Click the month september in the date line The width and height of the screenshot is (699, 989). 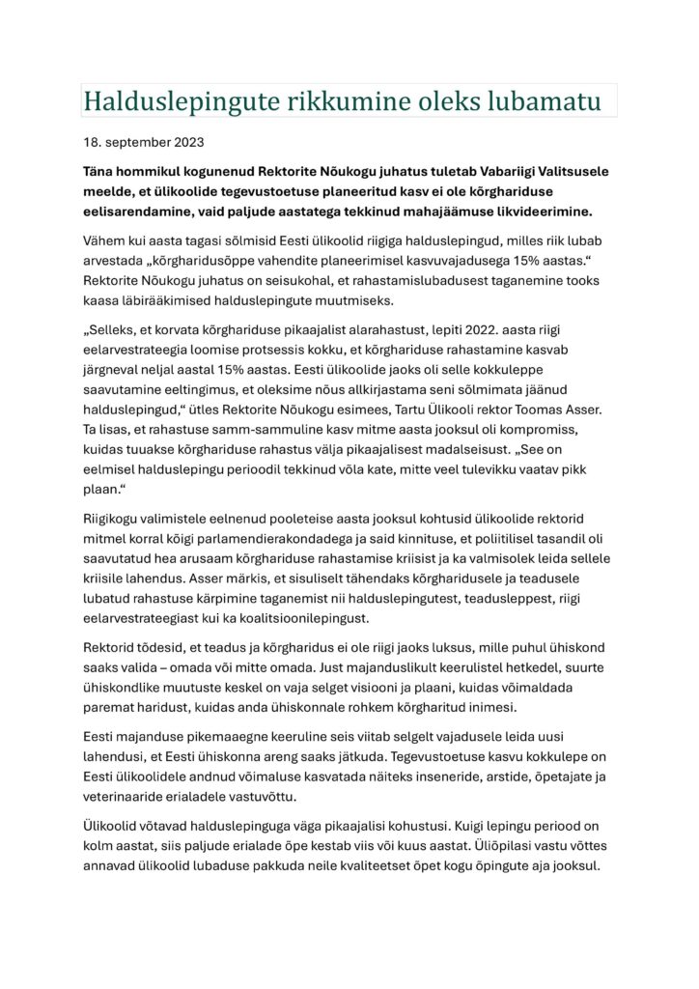pos(136,143)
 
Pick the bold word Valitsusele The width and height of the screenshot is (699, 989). pos(564,171)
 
